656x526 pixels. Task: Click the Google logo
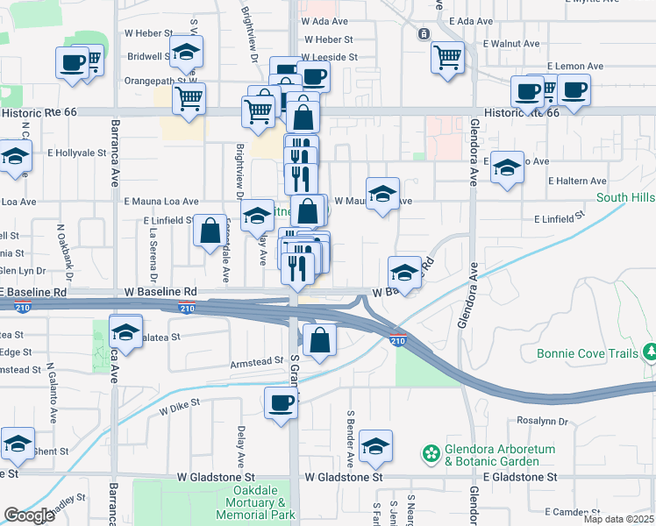[29, 515]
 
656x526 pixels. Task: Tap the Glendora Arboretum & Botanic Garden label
[500, 455]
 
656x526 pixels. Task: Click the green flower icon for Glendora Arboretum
[431, 454]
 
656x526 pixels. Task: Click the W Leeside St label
[331, 57]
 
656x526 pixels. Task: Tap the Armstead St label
[255, 361]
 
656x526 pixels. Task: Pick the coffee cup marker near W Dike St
[281, 404]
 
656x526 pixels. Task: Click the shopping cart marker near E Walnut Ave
[448, 58]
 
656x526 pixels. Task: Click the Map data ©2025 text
[617, 519]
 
